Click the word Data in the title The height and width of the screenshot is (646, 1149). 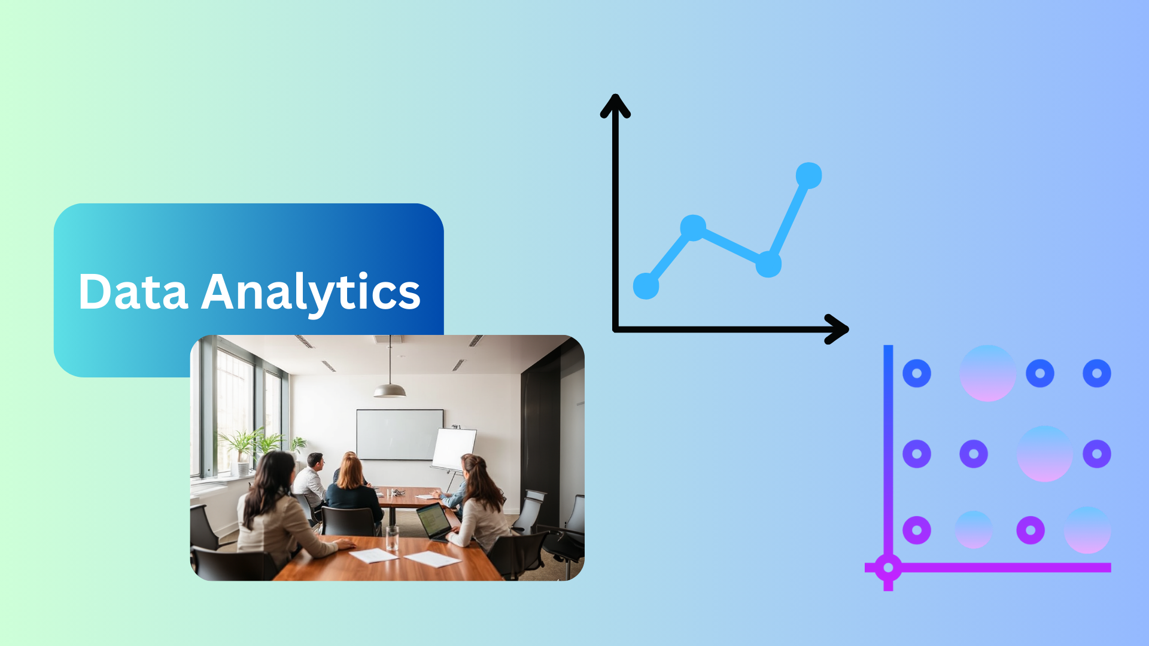(x=133, y=291)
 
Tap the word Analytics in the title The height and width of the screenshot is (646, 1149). (x=311, y=292)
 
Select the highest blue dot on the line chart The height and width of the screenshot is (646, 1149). (x=808, y=176)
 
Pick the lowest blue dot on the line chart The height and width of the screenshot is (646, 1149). (x=646, y=285)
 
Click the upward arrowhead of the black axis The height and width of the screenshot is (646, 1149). (x=615, y=105)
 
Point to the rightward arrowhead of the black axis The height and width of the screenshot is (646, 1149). (x=837, y=329)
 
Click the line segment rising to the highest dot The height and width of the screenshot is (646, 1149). (x=789, y=220)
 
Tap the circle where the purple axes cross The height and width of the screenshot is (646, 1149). (x=888, y=568)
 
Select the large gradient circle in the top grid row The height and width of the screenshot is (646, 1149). (x=988, y=373)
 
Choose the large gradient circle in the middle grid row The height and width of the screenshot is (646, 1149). (x=1045, y=453)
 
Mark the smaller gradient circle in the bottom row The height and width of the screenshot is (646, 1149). (x=974, y=530)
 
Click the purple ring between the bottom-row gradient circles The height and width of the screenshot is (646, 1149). (x=1031, y=530)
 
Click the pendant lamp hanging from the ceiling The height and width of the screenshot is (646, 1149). (x=390, y=390)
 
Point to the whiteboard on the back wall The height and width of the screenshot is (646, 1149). (x=400, y=435)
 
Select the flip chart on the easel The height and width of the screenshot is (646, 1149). (x=454, y=449)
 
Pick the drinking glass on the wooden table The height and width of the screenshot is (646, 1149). (x=392, y=538)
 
